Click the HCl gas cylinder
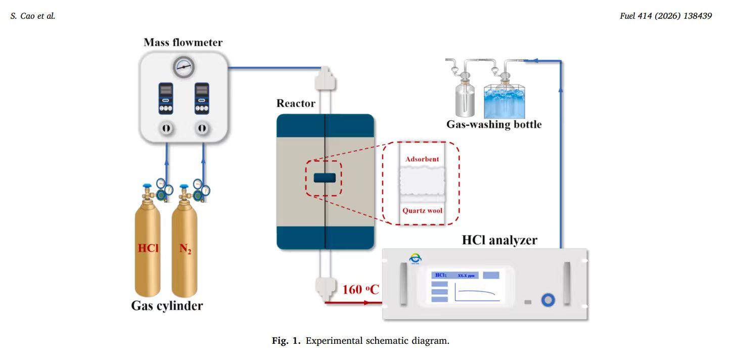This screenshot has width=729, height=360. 148,248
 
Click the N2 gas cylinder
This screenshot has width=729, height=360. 185,248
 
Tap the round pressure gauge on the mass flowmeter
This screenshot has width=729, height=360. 184,67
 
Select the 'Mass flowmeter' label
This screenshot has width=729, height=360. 183,42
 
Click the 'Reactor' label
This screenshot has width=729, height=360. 296,104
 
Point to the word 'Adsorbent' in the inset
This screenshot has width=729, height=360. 422,159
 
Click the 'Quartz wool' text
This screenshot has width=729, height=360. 422,210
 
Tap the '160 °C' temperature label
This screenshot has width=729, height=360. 360,290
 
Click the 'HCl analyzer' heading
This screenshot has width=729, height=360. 499,240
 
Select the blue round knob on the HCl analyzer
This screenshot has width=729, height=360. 548,301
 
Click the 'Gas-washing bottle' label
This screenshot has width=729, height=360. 493,124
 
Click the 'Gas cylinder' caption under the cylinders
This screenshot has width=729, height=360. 167,305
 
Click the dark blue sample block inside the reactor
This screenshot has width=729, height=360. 324,177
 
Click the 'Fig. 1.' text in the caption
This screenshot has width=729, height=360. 286,341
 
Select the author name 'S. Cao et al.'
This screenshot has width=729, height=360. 32,16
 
